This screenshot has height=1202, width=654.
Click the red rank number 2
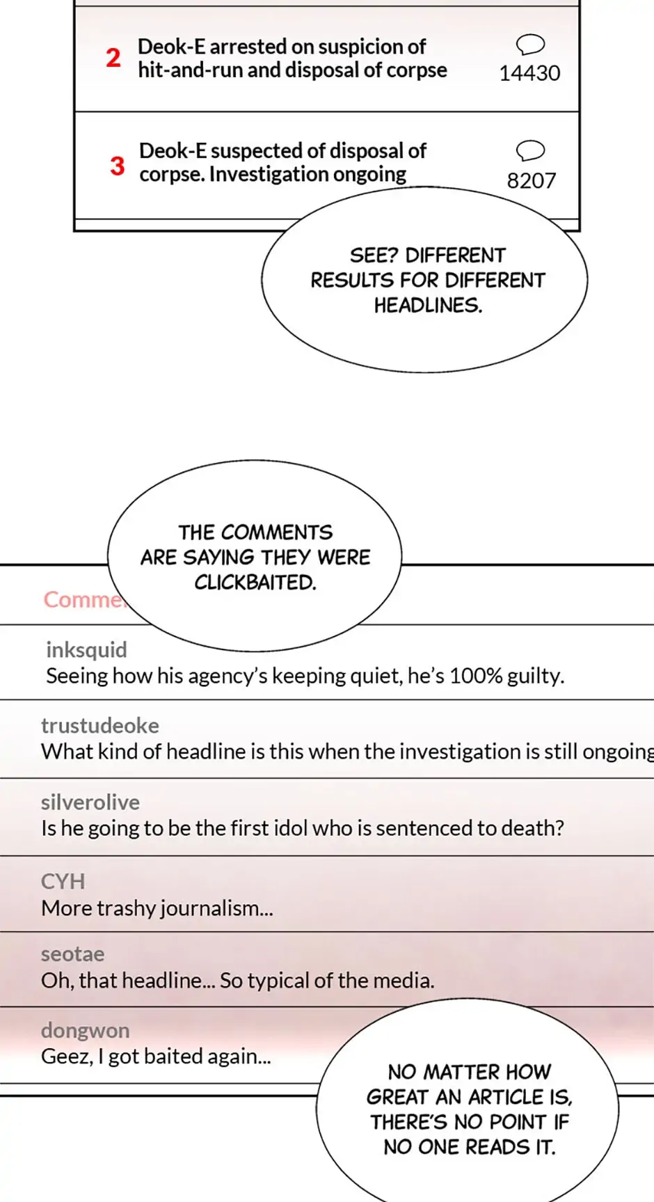click(x=113, y=58)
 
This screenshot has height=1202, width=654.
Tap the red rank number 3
click(x=118, y=166)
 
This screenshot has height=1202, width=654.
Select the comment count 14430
click(x=529, y=73)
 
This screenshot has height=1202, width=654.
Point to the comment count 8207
click(x=532, y=181)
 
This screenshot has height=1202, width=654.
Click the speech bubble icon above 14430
click(x=530, y=45)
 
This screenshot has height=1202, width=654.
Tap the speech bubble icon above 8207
click(x=530, y=150)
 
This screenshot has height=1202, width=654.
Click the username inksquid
click(x=86, y=649)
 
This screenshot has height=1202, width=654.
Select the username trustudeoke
click(x=99, y=725)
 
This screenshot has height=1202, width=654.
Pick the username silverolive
click(x=90, y=802)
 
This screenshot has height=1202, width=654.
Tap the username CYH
click(x=63, y=881)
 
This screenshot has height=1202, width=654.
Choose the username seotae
click(x=72, y=954)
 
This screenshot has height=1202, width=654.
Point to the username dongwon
click(x=85, y=1030)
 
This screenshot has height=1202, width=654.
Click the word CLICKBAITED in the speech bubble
click(x=255, y=583)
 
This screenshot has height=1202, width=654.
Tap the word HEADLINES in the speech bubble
click(x=427, y=306)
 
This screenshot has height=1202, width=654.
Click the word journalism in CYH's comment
click(x=209, y=908)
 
